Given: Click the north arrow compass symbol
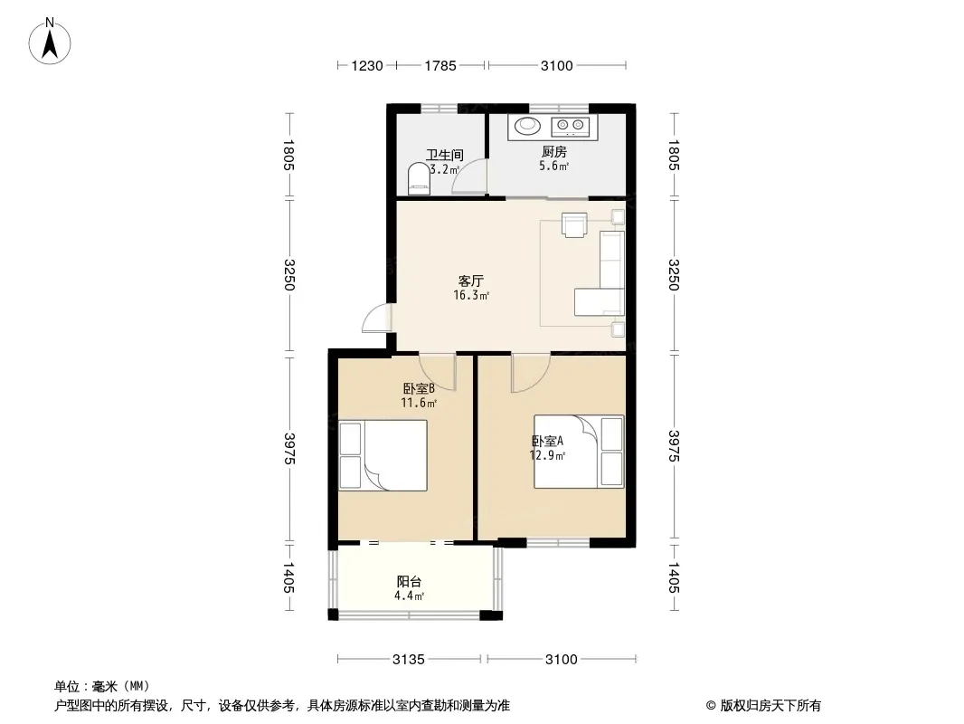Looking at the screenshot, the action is click(50, 42).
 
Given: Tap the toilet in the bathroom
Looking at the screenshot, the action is click(420, 178).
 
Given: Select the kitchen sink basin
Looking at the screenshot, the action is click(527, 126).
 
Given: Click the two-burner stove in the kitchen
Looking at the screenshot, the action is click(570, 126).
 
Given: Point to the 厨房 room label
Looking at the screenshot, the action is click(554, 151).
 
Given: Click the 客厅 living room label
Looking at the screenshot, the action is click(471, 281).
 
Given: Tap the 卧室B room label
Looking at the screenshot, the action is click(419, 389).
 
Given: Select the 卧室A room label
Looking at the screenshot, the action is click(547, 441).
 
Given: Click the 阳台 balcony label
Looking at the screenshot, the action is click(409, 581).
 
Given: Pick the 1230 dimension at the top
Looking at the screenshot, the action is click(367, 66).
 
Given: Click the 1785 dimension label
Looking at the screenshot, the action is click(440, 66).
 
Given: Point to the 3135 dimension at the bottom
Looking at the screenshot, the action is click(409, 660).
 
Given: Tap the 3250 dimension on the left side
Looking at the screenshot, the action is click(289, 275).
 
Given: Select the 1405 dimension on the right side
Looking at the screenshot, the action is click(673, 578).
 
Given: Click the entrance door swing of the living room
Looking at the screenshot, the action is click(376, 318).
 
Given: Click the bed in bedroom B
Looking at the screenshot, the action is click(383, 455).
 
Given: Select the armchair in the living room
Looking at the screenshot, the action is click(574, 224).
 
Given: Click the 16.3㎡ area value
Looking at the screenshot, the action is click(471, 295).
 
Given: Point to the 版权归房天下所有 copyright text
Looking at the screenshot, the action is click(770, 706).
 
